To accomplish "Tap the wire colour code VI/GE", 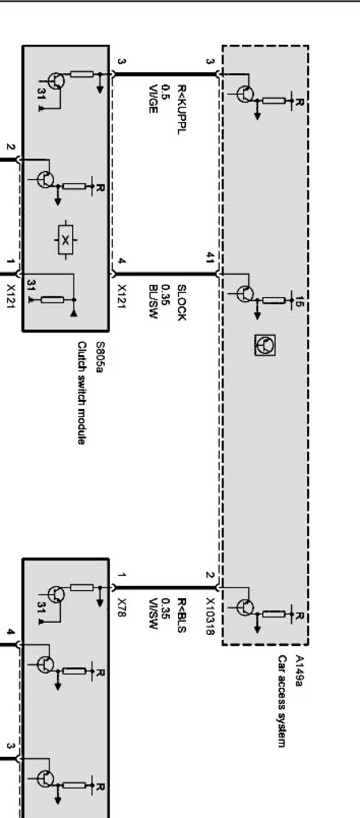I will [153, 99].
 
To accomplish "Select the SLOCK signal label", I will [181, 302].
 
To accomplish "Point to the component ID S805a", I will [99, 352].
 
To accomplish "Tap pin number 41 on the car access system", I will [209, 260].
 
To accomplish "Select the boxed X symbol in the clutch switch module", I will [65, 240].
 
